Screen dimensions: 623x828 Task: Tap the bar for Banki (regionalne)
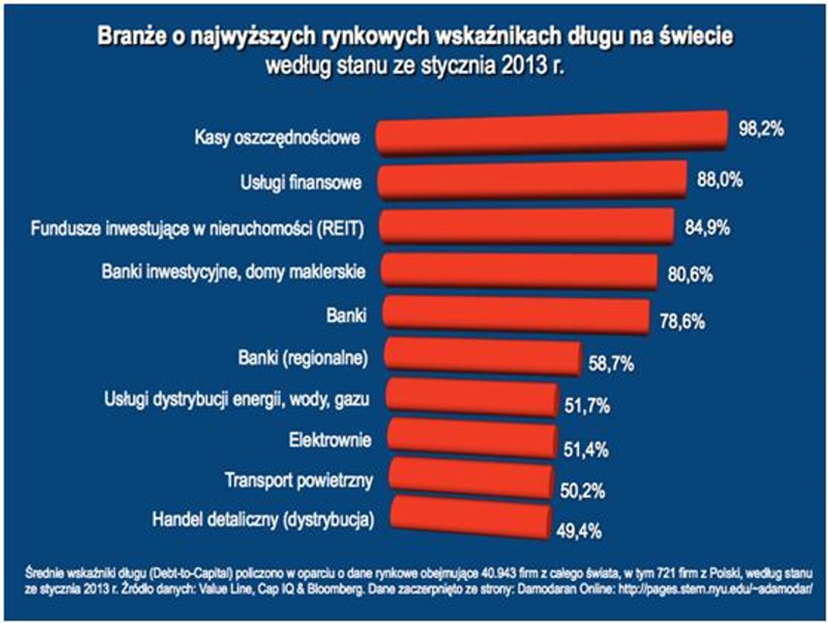(482, 357)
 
